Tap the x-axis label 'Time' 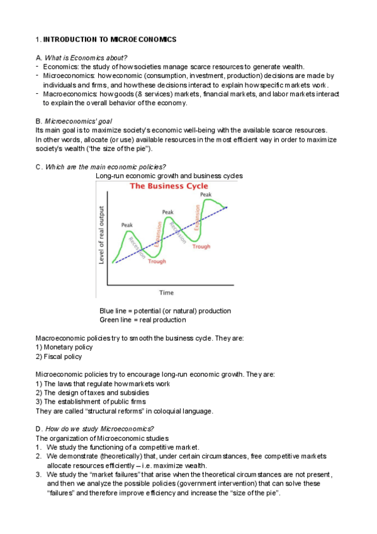166,292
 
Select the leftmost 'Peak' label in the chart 127,225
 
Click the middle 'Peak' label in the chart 167,212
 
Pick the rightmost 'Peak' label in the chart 206,195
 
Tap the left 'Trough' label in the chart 157,261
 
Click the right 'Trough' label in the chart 201,246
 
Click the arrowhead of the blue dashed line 226,207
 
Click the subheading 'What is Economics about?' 86,58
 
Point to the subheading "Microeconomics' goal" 79,120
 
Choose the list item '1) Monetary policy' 64,347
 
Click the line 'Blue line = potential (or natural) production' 165,311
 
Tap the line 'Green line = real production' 142,320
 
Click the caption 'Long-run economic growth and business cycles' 169,176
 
